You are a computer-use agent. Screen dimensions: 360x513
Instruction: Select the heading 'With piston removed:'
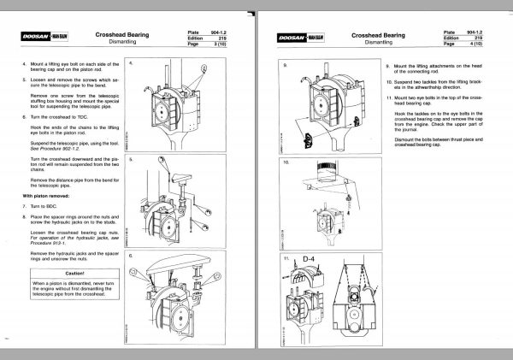point(44,195)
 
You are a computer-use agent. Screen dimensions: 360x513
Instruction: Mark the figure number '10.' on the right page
point(286,162)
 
